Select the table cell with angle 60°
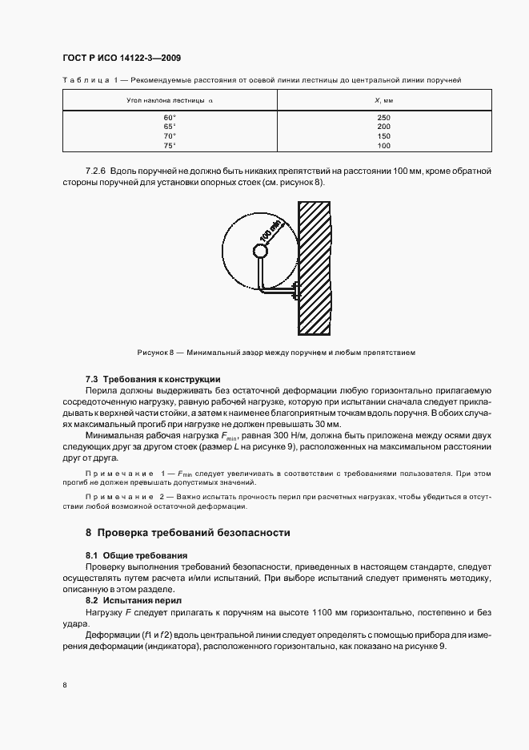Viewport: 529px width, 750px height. click(169, 118)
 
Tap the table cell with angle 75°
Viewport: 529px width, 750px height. click(169, 145)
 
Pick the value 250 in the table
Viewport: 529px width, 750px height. click(383, 118)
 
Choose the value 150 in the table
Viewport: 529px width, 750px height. click(383, 136)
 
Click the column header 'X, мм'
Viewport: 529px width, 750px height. click(383, 100)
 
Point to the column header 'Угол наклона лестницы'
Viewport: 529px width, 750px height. click(170, 100)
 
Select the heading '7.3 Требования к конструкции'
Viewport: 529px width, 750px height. click(152, 378)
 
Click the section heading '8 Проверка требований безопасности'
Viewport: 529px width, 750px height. click(187, 532)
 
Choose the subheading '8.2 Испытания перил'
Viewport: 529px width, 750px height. click(134, 599)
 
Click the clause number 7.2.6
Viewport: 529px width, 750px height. click(96, 171)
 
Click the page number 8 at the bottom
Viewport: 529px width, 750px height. click(64, 684)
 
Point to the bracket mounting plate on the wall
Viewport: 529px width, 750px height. click(295, 290)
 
